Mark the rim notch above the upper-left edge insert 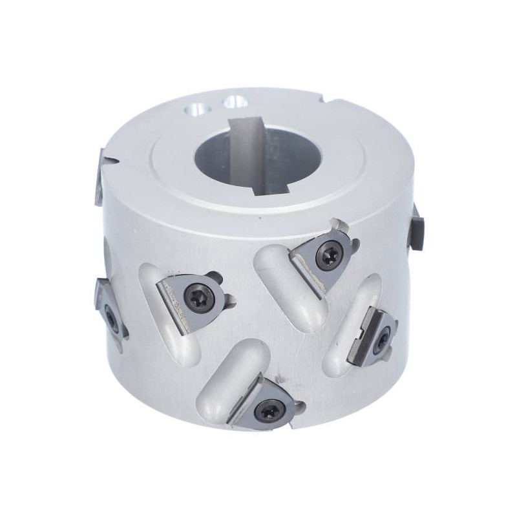tap(114, 158)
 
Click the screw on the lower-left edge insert tap(111, 317)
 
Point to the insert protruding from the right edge tap(414, 227)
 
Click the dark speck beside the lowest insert tap(279, 375)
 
